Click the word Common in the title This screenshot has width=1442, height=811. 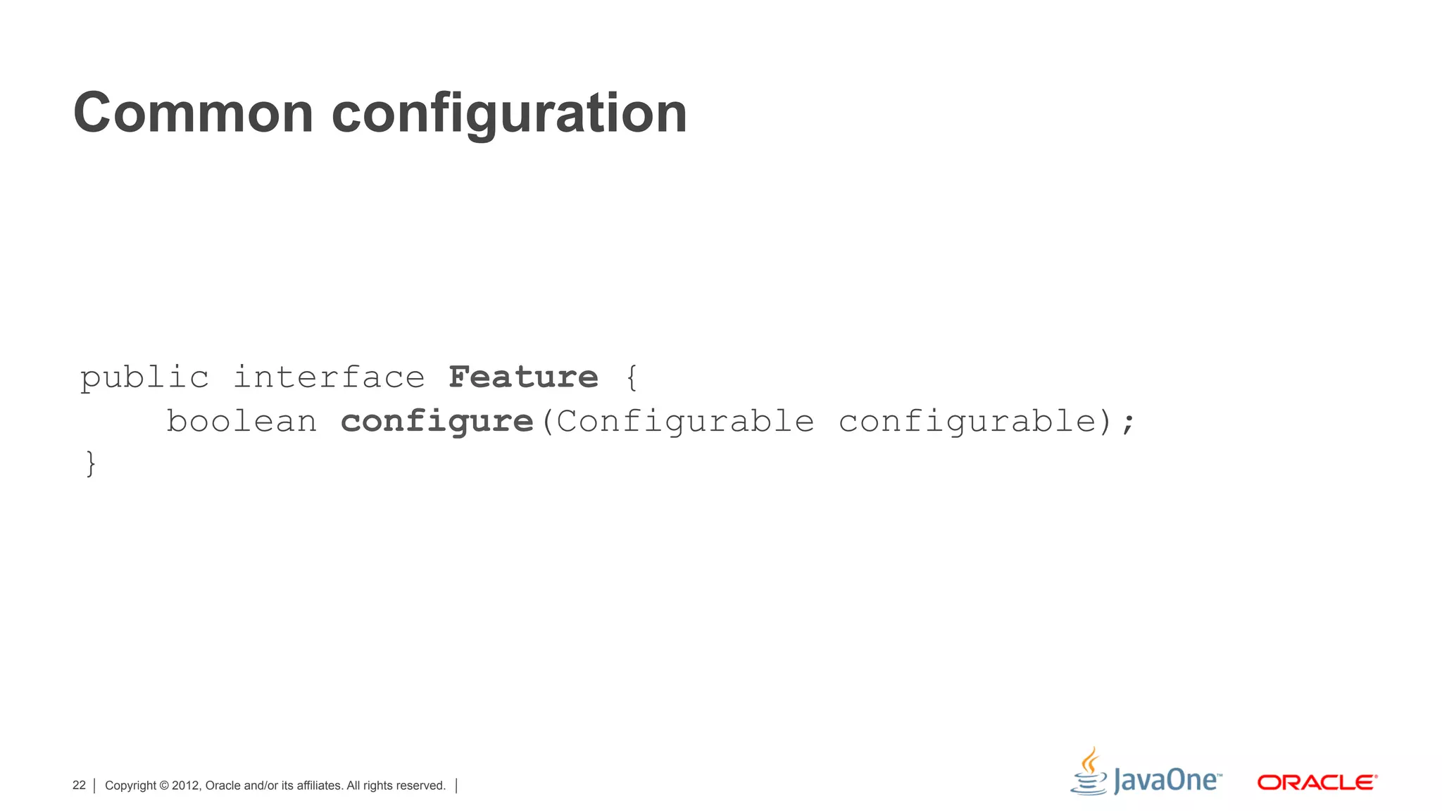(193, 113)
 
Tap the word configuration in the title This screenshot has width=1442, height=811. (509, 114)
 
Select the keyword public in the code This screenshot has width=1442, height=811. (144, 378)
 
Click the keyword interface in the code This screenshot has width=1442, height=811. (329, 377)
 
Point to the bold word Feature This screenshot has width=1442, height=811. (523, 377)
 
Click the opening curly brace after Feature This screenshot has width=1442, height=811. (632, 378)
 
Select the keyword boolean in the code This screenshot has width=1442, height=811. (242, 422)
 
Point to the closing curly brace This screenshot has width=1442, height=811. (90, 464)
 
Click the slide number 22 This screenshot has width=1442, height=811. (79, 785)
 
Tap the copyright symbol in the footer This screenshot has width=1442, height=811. (164, 786)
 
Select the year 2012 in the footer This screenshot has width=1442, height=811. (187, 786)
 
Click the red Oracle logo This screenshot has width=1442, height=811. (1317, 782)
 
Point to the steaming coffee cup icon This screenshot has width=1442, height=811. (1089, 772)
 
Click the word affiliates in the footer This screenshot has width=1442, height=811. (320, 786)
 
